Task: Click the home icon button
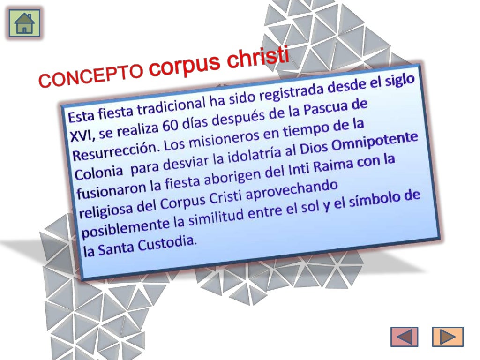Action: coord(24,23)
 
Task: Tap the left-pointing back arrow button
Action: coord(404,337)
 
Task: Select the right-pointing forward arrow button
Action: coord(448,337)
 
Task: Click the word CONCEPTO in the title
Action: coord(91,75)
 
